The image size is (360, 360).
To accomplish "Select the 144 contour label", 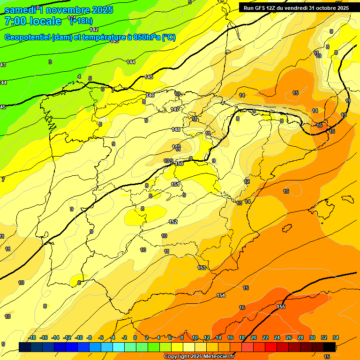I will click(131, 62).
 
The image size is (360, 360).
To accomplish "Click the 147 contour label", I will click(175, 109).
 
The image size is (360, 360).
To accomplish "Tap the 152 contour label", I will click(173, 222).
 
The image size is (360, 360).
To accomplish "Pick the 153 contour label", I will click(202, 268).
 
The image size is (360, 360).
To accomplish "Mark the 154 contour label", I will click(221, 295).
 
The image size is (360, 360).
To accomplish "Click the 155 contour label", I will click(281, 307).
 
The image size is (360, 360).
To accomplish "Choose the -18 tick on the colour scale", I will click(32, 337).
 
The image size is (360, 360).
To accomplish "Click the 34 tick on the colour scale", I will click(336, 337).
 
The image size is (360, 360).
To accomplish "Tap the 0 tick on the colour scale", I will click(135, 337).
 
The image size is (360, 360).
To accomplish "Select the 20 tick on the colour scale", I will click(254, 337).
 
